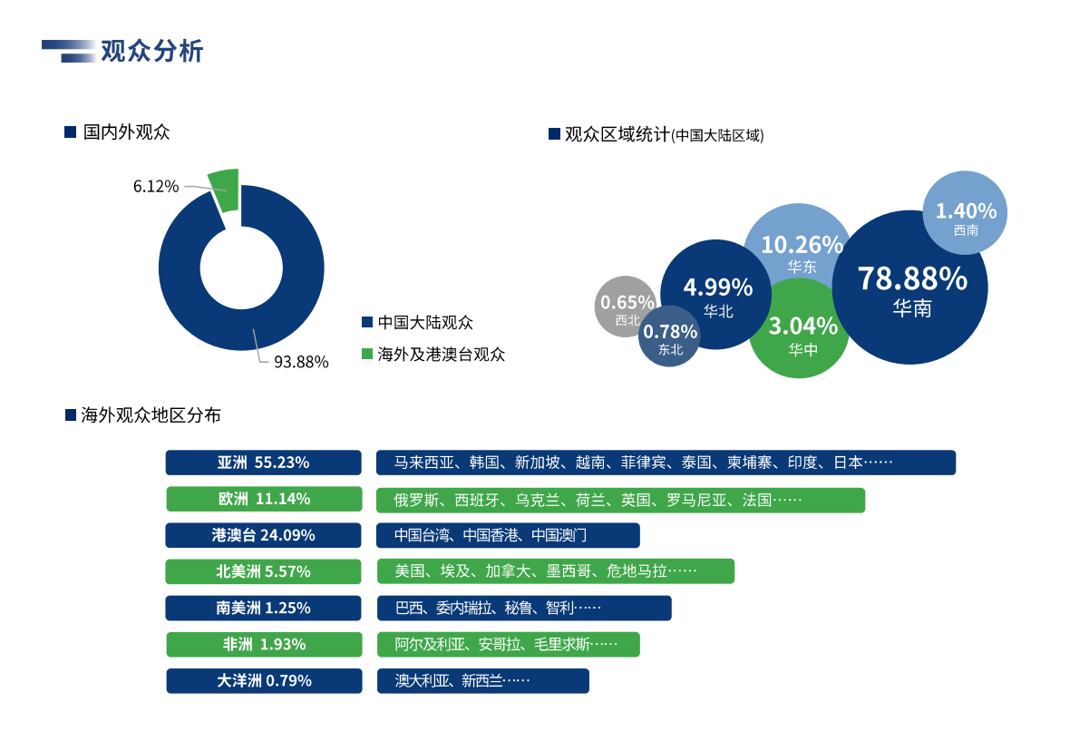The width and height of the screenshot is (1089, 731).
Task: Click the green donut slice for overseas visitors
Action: coord(225,189)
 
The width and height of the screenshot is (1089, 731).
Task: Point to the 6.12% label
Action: coord(155,186)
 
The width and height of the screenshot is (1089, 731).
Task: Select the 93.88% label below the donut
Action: coord(301,362)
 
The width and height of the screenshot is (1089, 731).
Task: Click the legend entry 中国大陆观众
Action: coord(425,322)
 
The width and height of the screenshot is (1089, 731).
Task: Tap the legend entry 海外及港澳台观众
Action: coord(441,354)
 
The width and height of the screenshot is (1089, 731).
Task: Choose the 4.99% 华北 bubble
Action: coord(716,294)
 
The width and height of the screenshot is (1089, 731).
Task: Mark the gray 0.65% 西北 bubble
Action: coord(626,307)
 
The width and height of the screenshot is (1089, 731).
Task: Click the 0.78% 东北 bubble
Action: coord(669,338)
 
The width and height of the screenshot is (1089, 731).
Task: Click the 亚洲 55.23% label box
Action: coord(263,463)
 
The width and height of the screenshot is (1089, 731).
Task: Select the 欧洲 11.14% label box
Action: coord(264,499)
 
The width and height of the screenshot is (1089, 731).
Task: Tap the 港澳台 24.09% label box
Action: coord(263,535)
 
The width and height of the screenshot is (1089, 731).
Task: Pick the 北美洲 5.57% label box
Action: coord(263,571)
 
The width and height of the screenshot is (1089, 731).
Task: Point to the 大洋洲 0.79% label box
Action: coord(264,680)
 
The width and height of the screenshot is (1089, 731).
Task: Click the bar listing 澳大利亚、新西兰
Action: coord(482,680)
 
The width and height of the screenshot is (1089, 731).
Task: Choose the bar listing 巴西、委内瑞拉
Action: coord(524,608)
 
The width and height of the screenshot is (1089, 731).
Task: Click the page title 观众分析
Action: coord(151,52)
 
